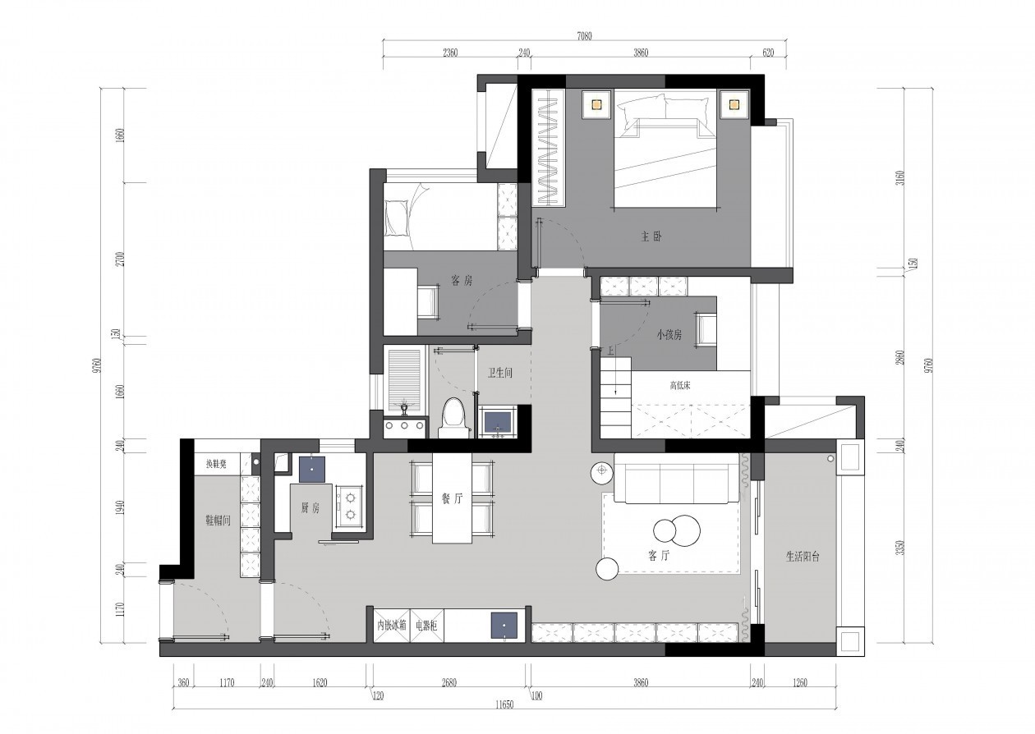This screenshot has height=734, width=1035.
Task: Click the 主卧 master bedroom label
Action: (651, 237)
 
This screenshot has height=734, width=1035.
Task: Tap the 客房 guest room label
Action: (462, 281)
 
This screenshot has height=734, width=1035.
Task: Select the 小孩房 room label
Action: (669, 334)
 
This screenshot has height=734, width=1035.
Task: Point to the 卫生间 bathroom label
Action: (500, 373)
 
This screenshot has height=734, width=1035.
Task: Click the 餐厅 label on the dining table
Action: (452, 498)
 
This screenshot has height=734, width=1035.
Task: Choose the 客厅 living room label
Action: (659, 556)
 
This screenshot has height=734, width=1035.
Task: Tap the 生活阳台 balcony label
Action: (803, 557)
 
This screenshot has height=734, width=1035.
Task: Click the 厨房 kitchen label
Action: (310, 508)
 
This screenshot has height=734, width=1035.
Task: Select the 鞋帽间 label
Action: (218, 521)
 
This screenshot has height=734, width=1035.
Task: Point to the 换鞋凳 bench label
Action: (216, 464)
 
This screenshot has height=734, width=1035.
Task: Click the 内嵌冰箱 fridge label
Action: (392, 626)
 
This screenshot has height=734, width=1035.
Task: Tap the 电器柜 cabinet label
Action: (426, 626)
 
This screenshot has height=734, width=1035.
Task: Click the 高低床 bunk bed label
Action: (680, 385)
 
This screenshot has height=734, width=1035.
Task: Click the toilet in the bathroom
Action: (453, 419)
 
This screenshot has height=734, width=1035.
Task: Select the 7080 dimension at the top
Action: (584, 36)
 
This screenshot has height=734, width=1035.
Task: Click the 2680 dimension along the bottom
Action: (448, 682)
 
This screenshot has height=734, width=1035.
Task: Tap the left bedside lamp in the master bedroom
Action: (596, 104)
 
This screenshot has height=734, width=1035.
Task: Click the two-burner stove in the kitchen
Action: (350, 507)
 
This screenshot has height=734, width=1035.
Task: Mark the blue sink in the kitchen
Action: (312, 470)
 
